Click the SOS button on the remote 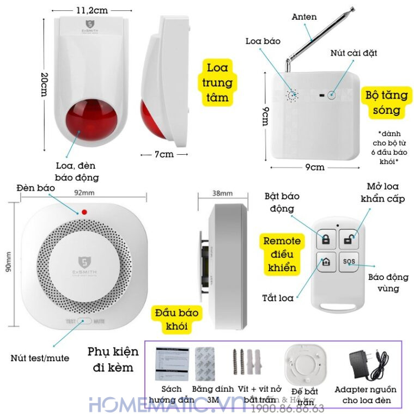click(x=349, y=261)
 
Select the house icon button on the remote click(x=326, y=261)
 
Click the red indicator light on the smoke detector click(x=84, y=212)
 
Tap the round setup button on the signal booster click(x=331, y=95)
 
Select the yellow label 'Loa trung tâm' click(x=217, y=83)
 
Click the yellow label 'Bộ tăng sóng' click(x=386, y=102)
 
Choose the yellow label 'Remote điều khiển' click(x=282, y=254)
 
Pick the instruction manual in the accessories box click(x=172, y=364)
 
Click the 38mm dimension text click(x=222, y=193)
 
